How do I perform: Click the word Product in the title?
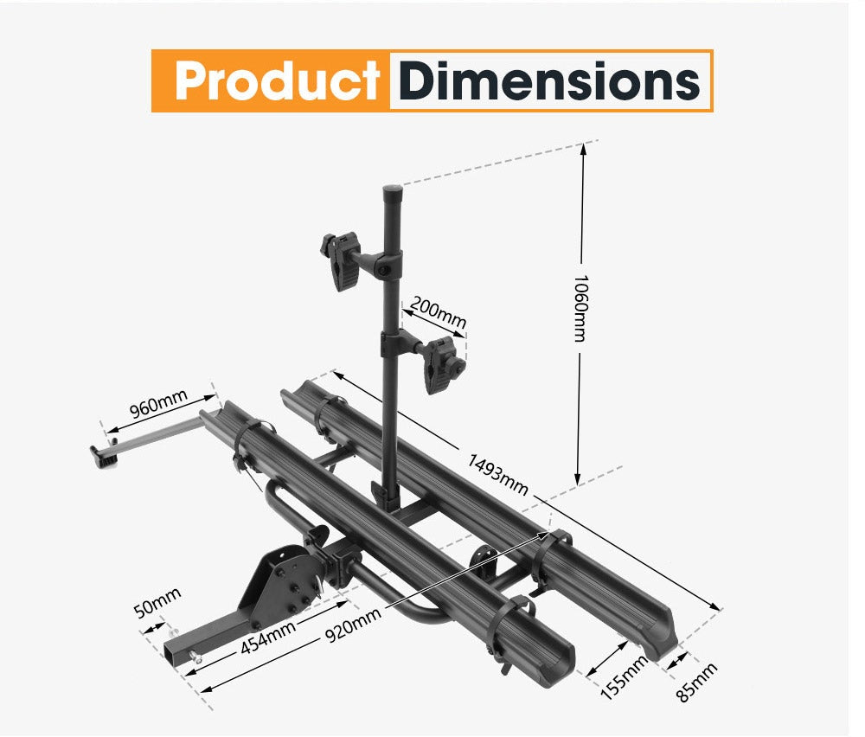(277, 81)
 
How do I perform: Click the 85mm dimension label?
(697, 682)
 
